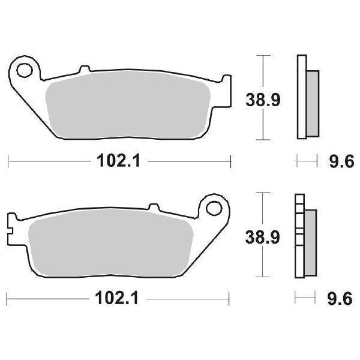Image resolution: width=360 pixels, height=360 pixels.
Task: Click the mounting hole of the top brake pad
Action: point(24,70)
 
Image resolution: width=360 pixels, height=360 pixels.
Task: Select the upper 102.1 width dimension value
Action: point(118,161)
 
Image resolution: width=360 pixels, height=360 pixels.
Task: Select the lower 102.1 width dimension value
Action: point(118,298)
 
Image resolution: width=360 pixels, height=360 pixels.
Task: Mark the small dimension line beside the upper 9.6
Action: point(307,161)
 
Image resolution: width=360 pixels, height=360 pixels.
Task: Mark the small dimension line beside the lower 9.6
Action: point(305,298)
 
